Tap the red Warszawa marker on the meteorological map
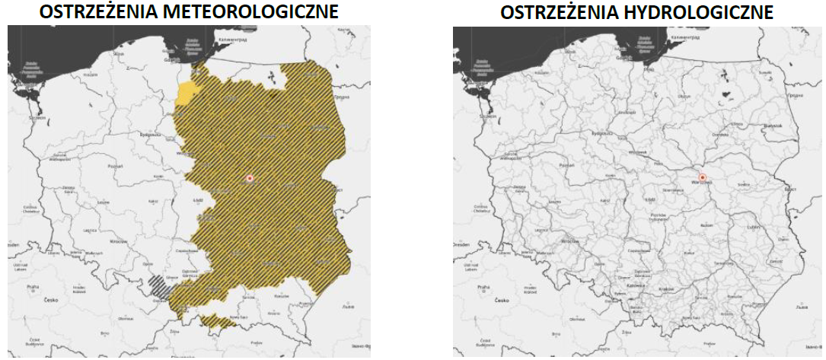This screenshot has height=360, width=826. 249,178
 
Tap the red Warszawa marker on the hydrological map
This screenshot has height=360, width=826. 703,178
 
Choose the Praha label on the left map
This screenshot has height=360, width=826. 31,287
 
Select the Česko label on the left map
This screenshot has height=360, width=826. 52,301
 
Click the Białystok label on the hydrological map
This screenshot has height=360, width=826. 773,126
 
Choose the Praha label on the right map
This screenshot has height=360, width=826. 480,287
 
